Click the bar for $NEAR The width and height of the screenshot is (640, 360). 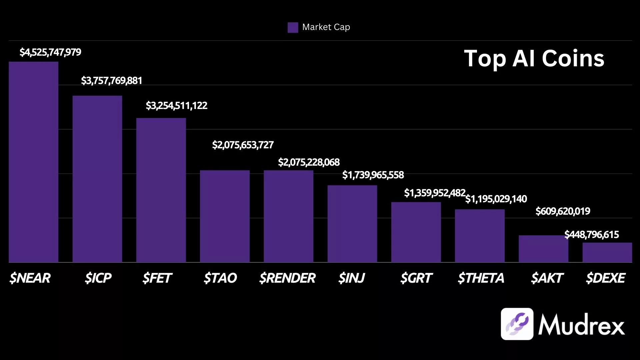33,162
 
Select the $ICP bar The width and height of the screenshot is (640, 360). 97,179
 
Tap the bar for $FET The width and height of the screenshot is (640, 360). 161,190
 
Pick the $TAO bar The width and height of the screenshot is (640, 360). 225,216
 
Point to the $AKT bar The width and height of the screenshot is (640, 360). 543,249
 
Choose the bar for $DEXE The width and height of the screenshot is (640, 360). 607,252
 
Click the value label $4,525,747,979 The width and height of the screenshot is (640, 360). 50,52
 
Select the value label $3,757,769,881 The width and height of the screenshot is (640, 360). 112,81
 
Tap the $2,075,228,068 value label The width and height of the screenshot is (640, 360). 309,162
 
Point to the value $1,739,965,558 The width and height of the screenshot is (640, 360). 373,175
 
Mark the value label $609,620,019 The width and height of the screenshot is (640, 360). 563,211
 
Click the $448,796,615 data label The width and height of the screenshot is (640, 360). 592,235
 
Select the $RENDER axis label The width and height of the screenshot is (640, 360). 287,278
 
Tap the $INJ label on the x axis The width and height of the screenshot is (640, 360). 352,278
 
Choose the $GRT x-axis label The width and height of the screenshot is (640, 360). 416,278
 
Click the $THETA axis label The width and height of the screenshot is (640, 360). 481,278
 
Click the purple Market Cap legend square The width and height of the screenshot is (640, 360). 293,27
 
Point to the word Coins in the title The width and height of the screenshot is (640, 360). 573,59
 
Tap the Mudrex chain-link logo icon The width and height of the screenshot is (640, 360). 517,324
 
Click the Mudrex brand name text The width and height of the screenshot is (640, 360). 581,324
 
